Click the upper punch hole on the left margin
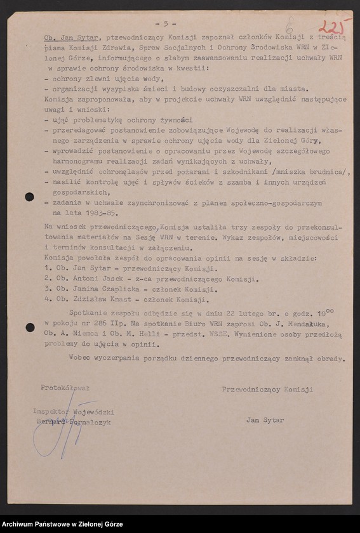point(29,197)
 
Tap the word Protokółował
point(65,387)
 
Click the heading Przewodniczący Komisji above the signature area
point(267,389)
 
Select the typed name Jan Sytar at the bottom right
point(265,419)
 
